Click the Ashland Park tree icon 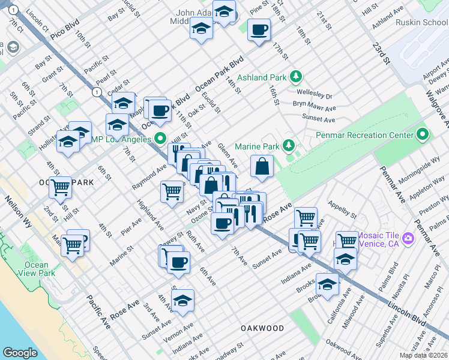295,77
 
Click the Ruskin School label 421,22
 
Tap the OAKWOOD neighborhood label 262,328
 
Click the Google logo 20,353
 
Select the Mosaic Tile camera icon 408,239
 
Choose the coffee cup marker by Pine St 259,29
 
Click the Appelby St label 342,212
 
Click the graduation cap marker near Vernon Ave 184,301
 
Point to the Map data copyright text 423,355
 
